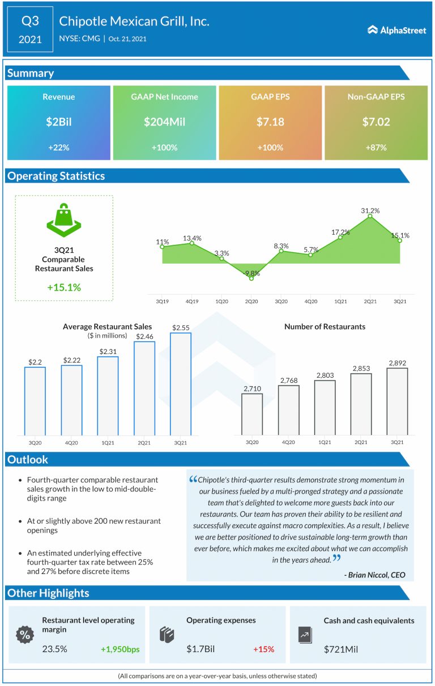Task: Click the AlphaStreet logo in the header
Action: click(x=396, y=30)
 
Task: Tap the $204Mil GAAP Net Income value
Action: click(x=164, y=122)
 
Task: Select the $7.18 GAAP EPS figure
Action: click(x=270, y=122)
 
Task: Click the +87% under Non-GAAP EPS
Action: click(x=376, y=148)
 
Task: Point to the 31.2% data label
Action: click(x=370, y=210)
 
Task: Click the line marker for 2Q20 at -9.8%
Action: click(x=251, y=278)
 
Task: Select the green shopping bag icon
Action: click(x=63, y=219)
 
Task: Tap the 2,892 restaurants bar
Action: click(x=397, y=401)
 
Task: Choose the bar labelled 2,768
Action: click(x=288, y=409)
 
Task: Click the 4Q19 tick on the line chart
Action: click(x=191, y=302)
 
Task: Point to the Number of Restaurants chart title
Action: click(x=325, y=326)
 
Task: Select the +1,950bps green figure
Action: click(x=120, y=649)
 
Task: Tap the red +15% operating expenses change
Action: click(x=263, y=649)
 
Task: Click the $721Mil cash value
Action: click(x=341, y=650)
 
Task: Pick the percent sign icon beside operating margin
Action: click(x=24, y=635)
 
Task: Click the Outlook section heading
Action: click(x=28, y=460)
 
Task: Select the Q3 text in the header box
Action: click(x=31, y=21)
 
